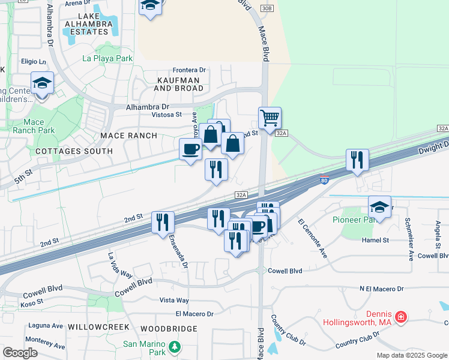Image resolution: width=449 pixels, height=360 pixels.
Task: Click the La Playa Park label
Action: tap(107, 59)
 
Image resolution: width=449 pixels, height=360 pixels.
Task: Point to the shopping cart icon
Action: tap(270, 117)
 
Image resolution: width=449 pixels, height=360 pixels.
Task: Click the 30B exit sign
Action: tap(268, 8)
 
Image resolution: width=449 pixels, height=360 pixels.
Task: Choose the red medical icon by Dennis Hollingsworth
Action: tap(401, 316)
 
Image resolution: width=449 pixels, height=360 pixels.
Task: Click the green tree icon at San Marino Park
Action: tap(174, 347)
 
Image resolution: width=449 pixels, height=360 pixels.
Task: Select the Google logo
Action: tap(20, 352)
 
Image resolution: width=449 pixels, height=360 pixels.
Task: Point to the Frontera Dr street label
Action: tap(189, 70)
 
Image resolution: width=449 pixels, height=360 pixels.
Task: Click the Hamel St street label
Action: tap(376, 240)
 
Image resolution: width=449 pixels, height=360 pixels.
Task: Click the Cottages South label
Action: tap(74, 151)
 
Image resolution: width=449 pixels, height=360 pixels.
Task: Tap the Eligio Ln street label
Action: tap(33, 61)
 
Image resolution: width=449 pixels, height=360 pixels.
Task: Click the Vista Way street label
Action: tap(174, 300)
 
